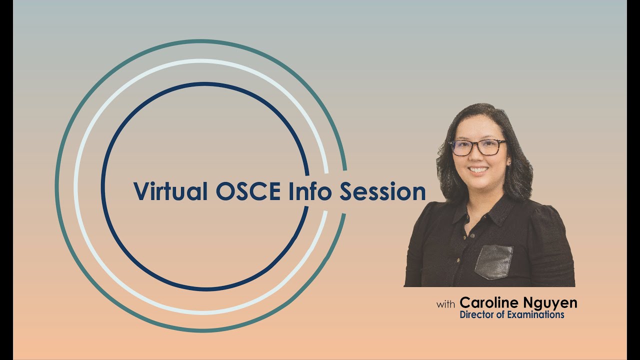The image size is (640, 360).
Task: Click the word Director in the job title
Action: point(476,315)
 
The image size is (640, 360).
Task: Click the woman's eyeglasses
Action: point(477,147)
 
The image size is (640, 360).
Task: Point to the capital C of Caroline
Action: point(465,302)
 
